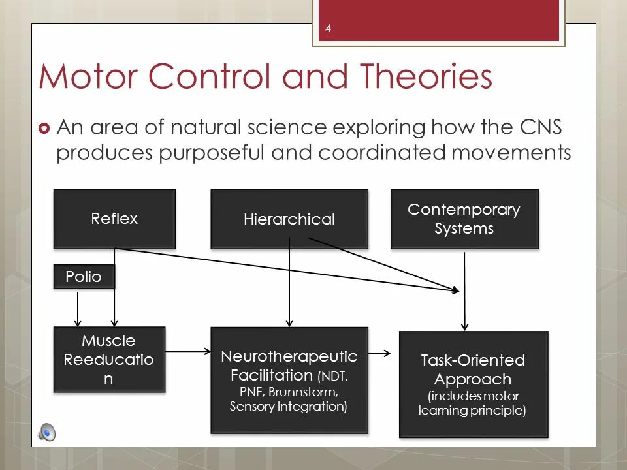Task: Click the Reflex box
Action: (114, 219)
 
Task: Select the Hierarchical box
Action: (289, 219)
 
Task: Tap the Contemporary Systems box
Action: (464, 219)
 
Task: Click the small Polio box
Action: (84, 277)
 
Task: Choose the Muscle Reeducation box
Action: (109, 359)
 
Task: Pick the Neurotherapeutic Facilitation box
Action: (289, 381)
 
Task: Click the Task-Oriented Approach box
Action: (474, 384)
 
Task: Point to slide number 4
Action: (328, 28)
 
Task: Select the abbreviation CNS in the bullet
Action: (539, 127)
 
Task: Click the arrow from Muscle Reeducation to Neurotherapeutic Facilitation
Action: (188, 351)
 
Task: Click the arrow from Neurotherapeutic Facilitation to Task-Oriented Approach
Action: (379, 353)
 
